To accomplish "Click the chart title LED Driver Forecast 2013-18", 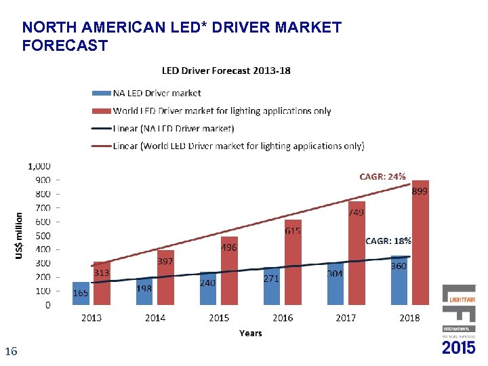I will click(x=226, y=71).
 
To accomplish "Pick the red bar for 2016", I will click(x=293, y=263).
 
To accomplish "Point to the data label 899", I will click(x=420, y=192).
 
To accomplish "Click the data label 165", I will click(x=81, y=293).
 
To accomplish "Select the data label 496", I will click(x=229, y=248).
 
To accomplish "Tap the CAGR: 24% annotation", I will click(x=382, y=176).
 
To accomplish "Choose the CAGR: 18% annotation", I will click(x=388, y=241).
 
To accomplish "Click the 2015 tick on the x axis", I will click(x=219, y=318).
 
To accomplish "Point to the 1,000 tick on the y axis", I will click(x=39, y=166).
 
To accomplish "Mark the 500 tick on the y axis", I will click(x=42, y=236).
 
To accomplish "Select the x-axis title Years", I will click(x=250, y=333).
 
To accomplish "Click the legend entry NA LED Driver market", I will click(x=157, y=93).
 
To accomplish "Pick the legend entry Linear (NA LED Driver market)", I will click(x=174, y=128).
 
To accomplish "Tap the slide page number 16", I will click(x=10, y=351).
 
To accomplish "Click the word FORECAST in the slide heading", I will click(x=64, y=46).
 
